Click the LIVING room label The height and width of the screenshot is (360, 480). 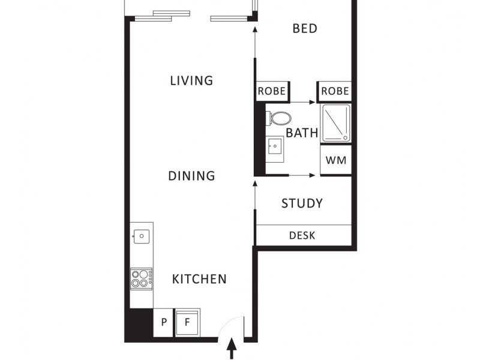coord(191,80)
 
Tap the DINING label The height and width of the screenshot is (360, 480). coord(191,176)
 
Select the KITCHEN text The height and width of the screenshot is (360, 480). coord(199,279)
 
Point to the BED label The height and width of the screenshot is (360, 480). coord(305,28)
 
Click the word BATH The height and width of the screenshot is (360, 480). coord(302,133)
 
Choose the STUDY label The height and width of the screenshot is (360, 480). coord(302,203)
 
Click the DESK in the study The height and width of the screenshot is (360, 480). coord(302,235)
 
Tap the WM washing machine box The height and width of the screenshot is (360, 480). coord(335,161)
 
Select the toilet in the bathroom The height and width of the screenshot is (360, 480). coord(278,118)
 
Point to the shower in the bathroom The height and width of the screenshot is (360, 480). coord(335,123)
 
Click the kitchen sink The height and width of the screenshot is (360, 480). coord(142,236)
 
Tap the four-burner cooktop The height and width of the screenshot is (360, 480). coord(142,279)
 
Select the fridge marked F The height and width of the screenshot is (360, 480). coord(187,323)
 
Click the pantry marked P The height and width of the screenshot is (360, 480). coord(163,323)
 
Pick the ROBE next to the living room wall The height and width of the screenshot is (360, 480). coord(272,91)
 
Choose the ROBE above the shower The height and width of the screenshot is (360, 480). coord(335,91)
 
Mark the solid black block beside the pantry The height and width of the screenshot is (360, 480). coord(139,324)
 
